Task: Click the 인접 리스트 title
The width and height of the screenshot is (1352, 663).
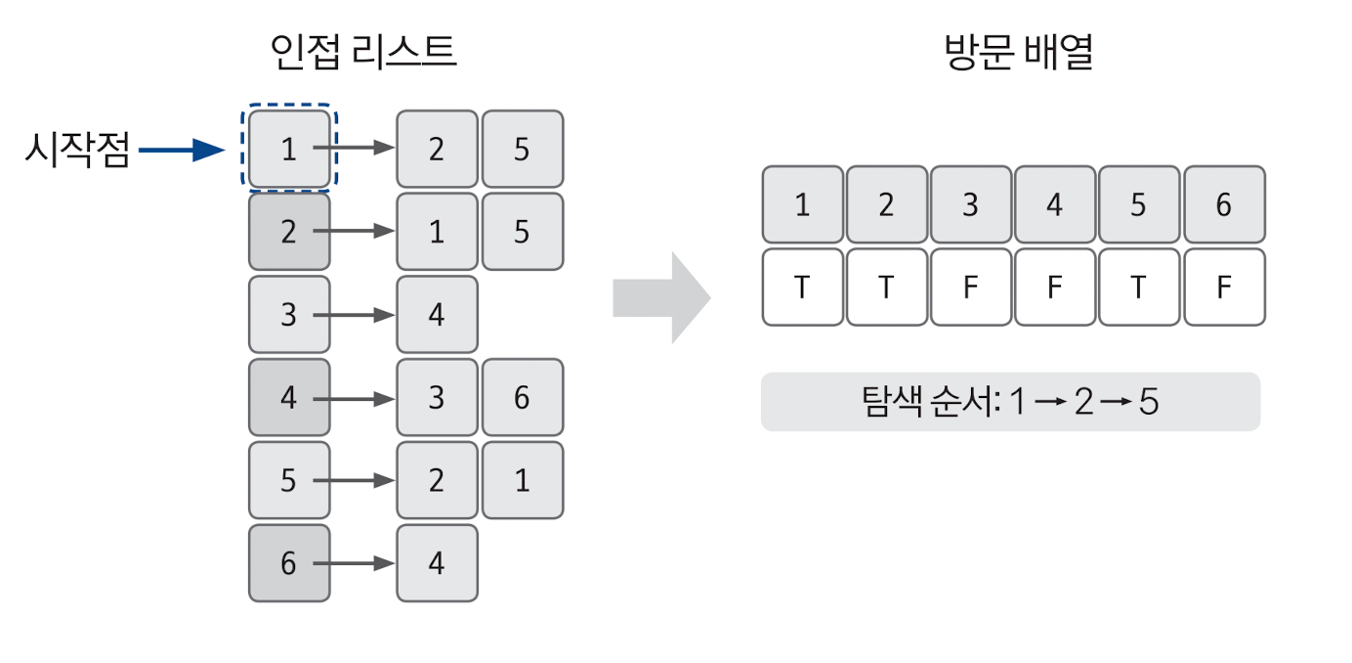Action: (x=363, y=51)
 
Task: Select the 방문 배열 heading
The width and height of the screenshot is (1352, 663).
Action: (x=1019, y=51)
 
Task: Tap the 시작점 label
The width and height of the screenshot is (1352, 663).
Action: (x=77, y=151)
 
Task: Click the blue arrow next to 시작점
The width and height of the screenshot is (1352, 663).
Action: (x=183, y=150)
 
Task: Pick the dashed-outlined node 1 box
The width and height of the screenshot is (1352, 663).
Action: (x=288, y=149)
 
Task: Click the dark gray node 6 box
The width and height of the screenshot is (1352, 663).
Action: (x=289, y=563)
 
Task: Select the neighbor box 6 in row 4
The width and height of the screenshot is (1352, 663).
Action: (x=522, y=397)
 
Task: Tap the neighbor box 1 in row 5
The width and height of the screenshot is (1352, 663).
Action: (x=522, y=480)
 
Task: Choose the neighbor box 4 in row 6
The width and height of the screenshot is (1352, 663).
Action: (x=437, y=563)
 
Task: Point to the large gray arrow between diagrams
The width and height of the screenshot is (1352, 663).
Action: (x=660, y=297)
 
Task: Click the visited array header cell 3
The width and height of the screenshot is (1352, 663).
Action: (x=971, y=204)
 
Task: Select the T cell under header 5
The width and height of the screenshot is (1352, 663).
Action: (x=1139, y=287)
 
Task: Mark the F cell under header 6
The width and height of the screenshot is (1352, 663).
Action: (x=1223, y=287)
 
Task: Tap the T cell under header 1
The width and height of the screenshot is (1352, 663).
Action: (x=802, y=287)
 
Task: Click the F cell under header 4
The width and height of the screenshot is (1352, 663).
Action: (x=1055, y=287)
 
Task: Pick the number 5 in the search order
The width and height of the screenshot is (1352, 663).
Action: (x=1148, y=402)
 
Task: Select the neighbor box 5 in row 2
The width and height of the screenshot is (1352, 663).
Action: (x=522, y=232)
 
